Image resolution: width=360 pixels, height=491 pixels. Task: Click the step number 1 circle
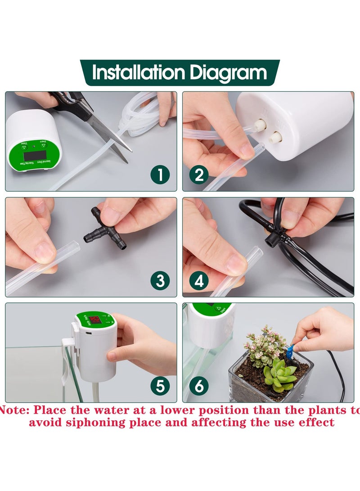click(x=160, y=175)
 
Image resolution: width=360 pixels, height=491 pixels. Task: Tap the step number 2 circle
click(x=199, y=175)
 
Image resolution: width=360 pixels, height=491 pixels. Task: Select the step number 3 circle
click(x=160, y=281)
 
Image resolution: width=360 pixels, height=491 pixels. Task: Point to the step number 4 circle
click(x=199, y=281)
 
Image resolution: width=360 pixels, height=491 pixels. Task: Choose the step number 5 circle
click(x=160, y=386)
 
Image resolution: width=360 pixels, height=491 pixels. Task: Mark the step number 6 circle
click(x=199, y=386)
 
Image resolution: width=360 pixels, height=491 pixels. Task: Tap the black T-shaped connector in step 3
click(x=105, y=229)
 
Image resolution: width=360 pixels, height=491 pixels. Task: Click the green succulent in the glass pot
click(x=279, y=375)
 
